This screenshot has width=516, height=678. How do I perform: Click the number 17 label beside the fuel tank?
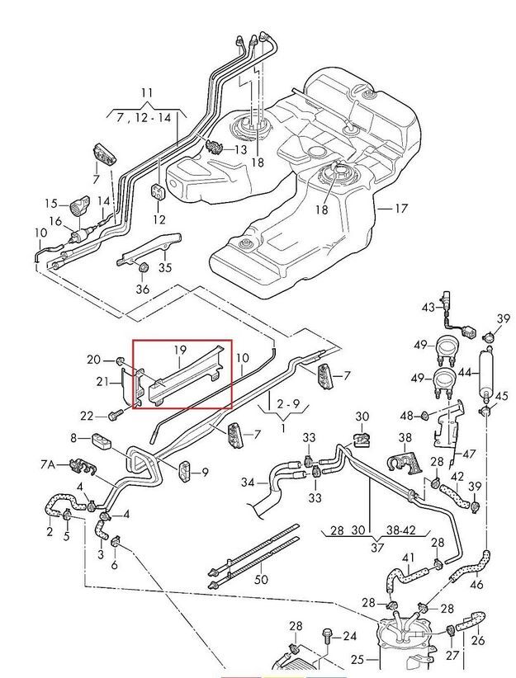400,209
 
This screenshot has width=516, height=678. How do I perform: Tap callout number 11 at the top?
147,92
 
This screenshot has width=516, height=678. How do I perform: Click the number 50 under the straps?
262,580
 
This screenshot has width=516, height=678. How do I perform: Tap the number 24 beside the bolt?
350,636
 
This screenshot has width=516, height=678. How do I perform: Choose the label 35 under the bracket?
165,267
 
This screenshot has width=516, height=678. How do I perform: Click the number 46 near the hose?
476,586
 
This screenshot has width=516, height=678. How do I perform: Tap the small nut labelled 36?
143,266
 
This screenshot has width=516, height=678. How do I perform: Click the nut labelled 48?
426,414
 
